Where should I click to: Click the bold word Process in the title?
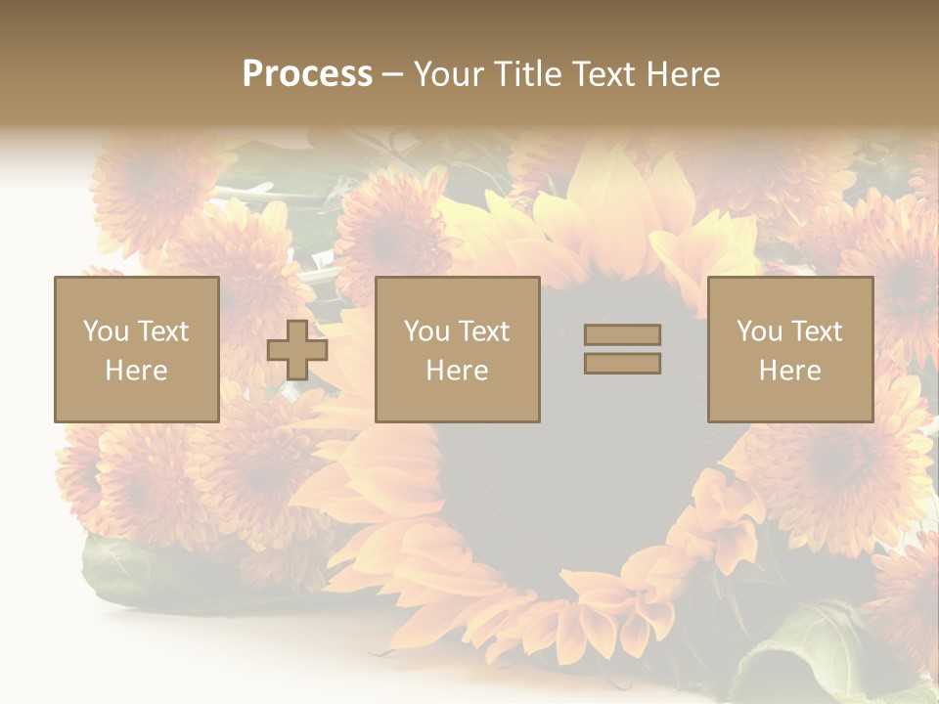[x=307, y=74]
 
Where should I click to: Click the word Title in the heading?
[x=528, y=74]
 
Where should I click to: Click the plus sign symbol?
[x=297, y=350]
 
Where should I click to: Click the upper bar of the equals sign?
[x=622, y=334]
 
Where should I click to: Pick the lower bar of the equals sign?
[x=622, y=364]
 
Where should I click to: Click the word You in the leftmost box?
[x=106, y=331]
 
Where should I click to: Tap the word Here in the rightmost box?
[x=789, y=371]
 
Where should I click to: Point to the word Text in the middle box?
[x=483, y=331]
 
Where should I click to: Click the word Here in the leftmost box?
[x=136, y=371]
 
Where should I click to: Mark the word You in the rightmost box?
[x=759, y=331]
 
